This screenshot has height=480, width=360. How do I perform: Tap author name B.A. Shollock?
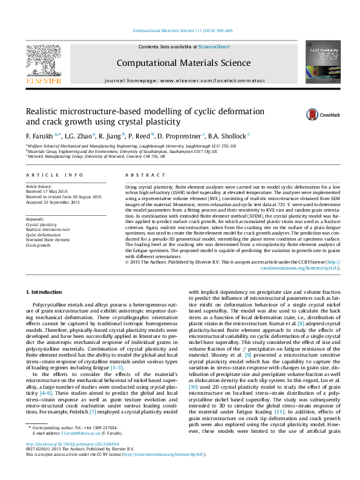coord(229,135)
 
